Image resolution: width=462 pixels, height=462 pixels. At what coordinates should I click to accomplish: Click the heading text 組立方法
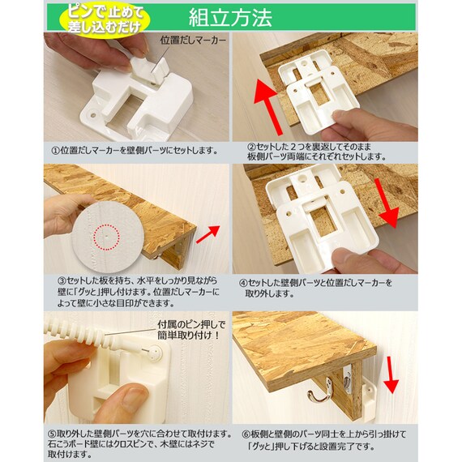pyautogui.click(x=230, y=18)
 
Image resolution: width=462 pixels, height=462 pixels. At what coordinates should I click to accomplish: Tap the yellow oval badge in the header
pyautogui.click(x=105, y=19)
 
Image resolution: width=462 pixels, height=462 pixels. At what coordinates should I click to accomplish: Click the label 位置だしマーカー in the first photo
pyautogui.click(x=193, y=40)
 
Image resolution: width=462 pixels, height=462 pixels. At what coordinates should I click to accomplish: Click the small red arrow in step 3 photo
pyautogui.click(x=208, y=234)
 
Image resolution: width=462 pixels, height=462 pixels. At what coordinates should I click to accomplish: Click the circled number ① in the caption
pyautogui.click(x=55, y=151)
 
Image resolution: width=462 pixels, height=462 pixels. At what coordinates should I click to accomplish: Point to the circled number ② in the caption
pyautogui.click(x=251, y=147)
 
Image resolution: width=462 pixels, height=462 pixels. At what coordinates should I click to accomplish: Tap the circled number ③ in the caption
pyautogui.click(x=62, y=280)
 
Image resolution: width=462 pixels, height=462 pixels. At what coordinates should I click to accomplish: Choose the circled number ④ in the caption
pyautogui.click(x=243, y=283)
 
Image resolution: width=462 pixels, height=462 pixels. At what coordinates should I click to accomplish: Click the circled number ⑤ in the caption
pyautogui.click(x=52, y=434)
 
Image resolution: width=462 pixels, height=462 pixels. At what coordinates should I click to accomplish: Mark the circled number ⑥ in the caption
pyautogui.click(x=246, y=434)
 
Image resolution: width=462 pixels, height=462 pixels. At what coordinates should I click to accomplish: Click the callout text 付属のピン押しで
pyautogui.click(x=191, y=325)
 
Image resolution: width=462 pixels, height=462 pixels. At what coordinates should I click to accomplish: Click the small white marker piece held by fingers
pyautogui.click(x=150, y=69)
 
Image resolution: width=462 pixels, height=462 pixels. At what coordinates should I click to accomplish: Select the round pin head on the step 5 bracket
pyautogui.click(x=156, y=352)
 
